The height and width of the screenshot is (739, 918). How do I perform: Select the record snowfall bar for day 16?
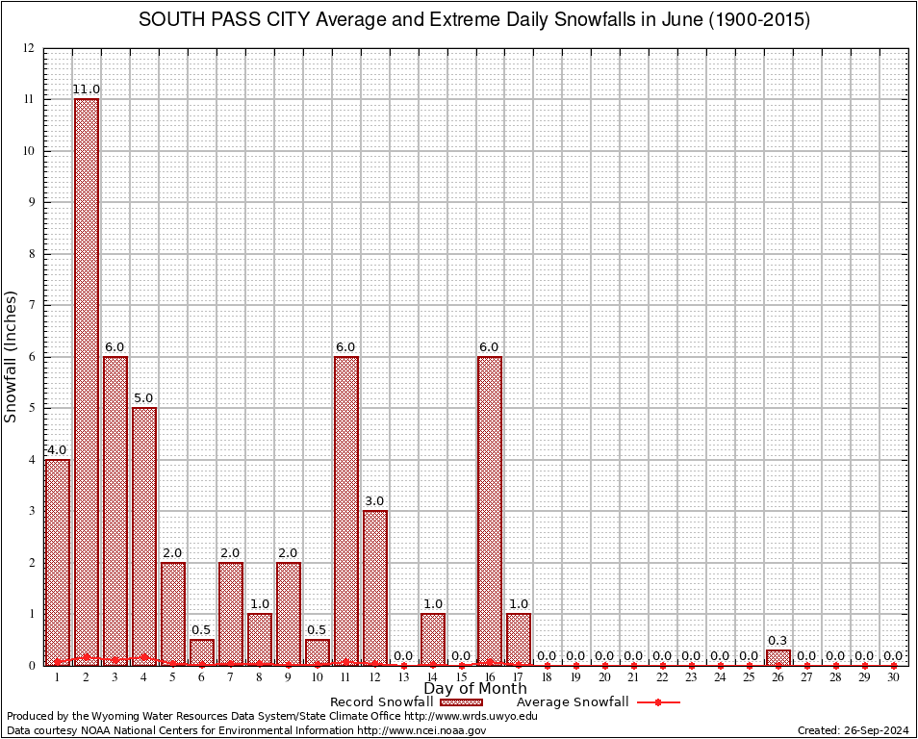point(490,510)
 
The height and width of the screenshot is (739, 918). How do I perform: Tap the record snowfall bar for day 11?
point(345,510)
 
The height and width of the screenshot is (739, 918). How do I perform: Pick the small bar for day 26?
point(778,657)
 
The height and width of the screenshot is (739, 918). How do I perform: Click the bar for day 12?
point(374,587)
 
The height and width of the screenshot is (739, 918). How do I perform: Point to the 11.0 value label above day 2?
point(87,89)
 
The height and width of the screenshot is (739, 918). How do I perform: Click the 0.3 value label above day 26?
point(778,640)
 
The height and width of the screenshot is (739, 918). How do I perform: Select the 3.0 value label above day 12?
point(374,500)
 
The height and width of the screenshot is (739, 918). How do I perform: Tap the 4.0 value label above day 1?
point(57,449)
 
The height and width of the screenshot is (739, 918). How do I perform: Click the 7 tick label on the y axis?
point(31,305)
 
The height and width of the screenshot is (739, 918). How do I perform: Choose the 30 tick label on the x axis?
point(893,677)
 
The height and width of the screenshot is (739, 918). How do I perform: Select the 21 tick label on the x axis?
point(633,677)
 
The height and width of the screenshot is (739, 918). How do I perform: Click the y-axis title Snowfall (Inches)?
point(11,356)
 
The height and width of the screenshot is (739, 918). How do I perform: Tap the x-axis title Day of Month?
point(474,688)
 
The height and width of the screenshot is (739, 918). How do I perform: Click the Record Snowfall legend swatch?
point(463,702)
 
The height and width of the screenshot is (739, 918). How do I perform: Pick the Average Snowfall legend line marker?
point(657,702)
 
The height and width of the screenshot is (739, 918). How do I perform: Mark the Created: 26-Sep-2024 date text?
point(853,730)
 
